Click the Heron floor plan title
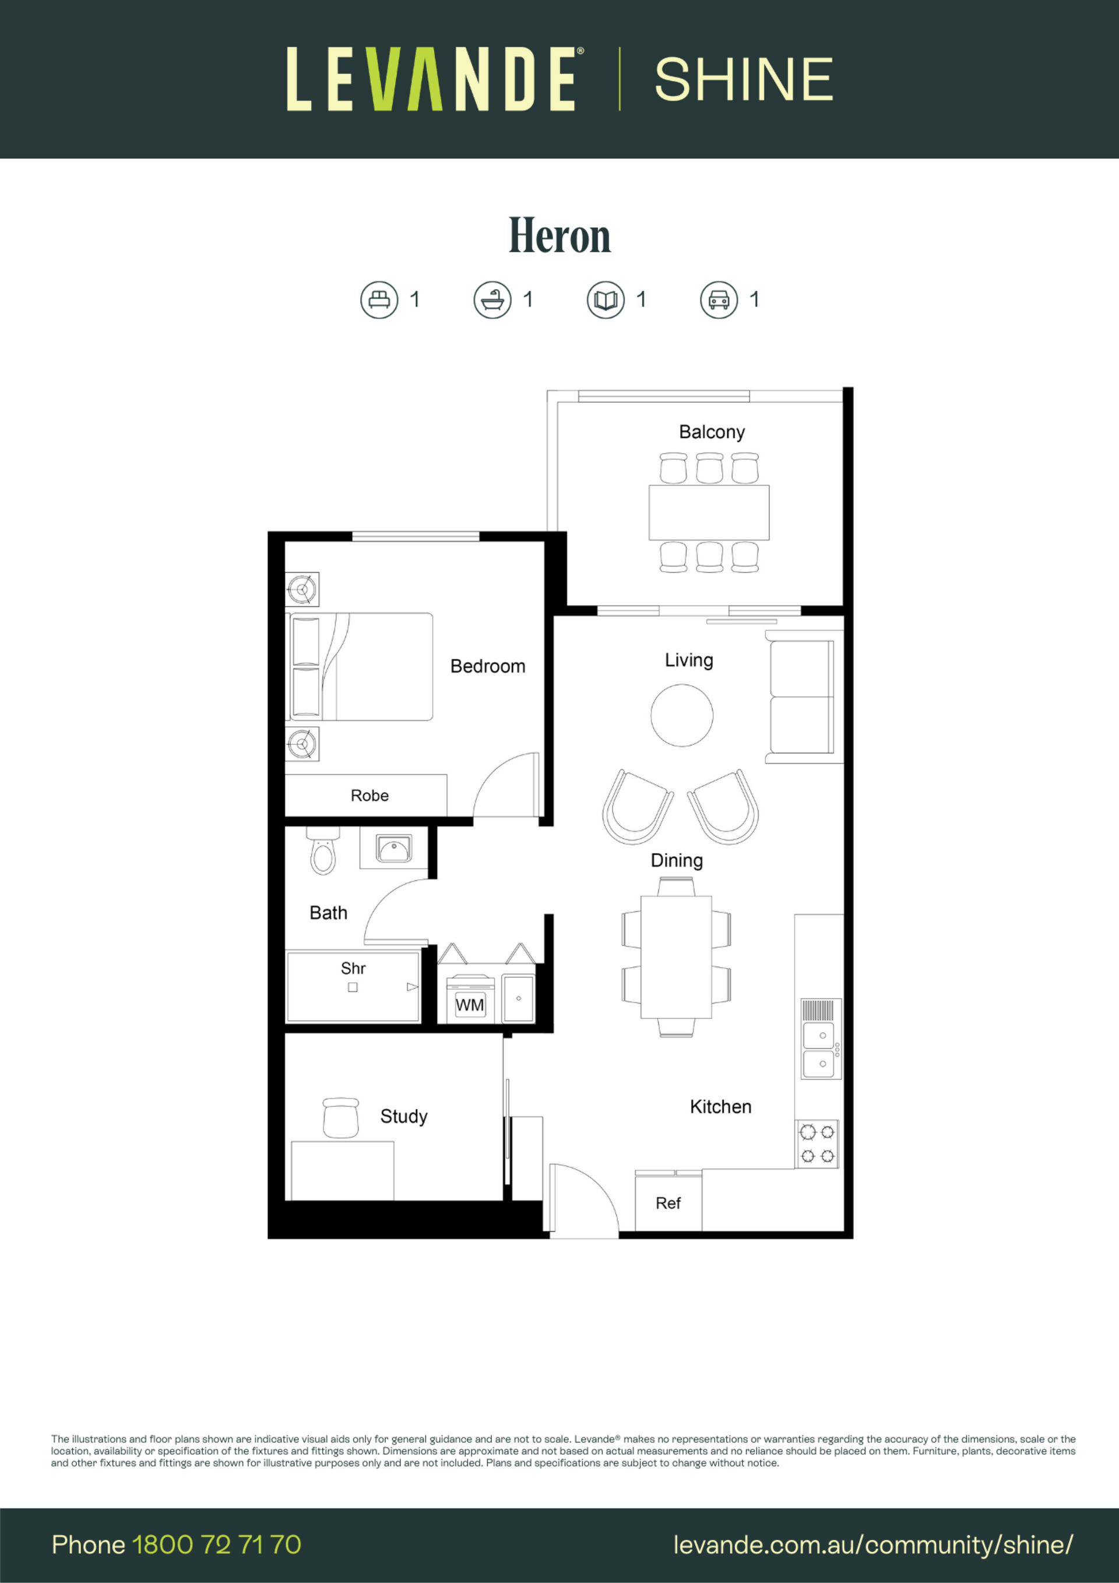(559, 236)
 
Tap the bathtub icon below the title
(492, 300)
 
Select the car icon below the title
(719, 300)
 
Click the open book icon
(606, 300)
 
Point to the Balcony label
(712, 432)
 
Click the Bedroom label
(487, 666)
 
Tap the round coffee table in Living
(682, 715)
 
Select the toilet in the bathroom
(323, 852)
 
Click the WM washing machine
(470, 1000)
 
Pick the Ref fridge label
(668, 1203)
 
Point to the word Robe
(370, 796)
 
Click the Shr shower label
(353, 968)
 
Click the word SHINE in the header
(744, 79)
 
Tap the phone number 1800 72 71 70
(216, 1545)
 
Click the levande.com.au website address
(873, 1545)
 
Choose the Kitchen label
(720, 1107)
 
